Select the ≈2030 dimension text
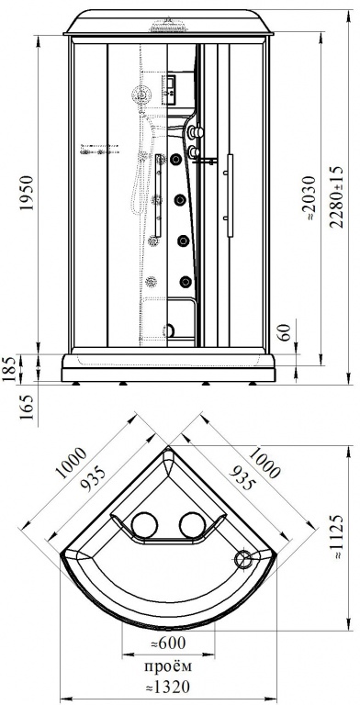310,198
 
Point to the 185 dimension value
11,368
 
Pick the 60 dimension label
284,333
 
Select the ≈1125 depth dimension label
338,536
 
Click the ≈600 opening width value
167,643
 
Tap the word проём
168,666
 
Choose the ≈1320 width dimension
167,687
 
